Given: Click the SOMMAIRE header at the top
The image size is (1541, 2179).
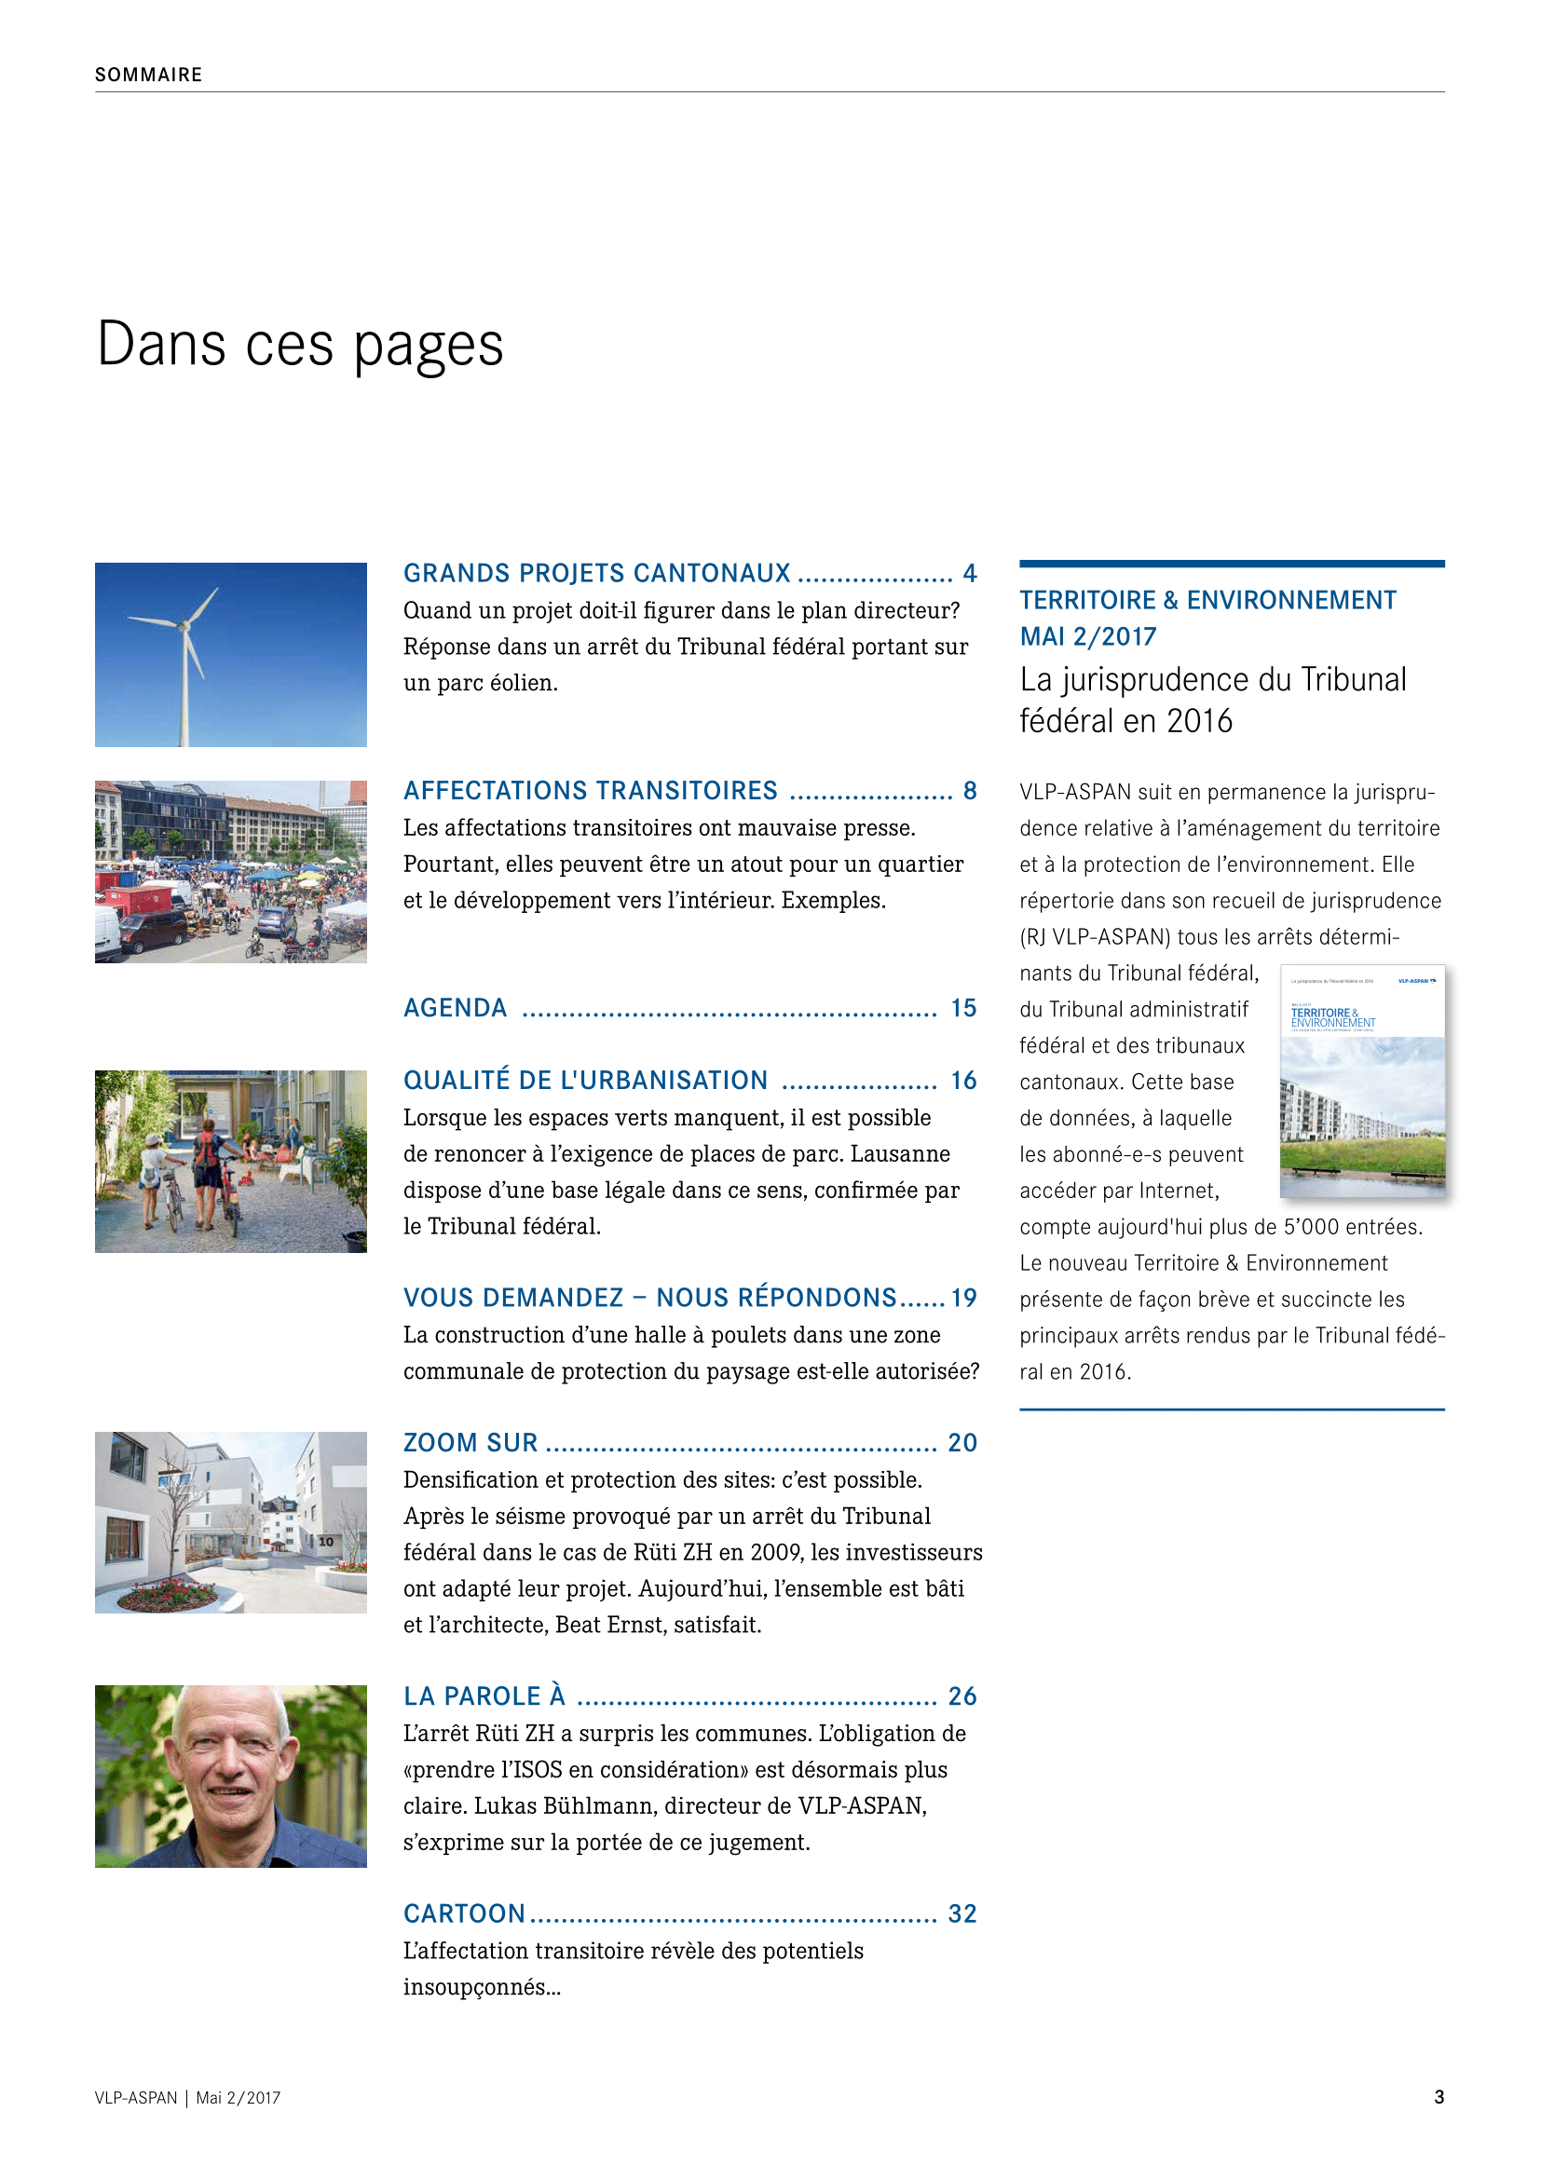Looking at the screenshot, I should point(148,75).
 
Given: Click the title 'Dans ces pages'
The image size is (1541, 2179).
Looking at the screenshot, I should point(300,345).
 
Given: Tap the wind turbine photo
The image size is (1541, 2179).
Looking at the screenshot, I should point(230,654).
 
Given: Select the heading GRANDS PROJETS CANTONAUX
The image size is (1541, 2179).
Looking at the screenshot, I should point(597,573).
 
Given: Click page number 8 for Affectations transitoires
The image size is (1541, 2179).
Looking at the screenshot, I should point(970,791).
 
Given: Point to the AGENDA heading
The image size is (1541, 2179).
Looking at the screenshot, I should point(456,1008).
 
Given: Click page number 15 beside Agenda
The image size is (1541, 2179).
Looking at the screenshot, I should point(963,1008).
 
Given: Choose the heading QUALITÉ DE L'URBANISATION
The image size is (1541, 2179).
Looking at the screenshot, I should point(585,1080).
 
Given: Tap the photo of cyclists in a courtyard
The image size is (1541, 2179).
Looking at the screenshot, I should point(230,1161).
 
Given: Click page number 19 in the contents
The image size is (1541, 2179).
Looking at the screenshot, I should point(963,1298).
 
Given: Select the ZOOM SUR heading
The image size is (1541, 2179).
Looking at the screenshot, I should point(470,1442).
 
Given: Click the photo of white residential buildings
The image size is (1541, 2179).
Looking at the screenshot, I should point(230,1522).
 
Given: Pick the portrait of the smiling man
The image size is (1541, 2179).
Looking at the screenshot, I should point(230,1776).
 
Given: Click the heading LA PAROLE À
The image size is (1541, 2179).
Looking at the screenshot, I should point(484,1696).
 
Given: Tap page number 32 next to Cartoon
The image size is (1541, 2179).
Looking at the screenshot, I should point(962,1913).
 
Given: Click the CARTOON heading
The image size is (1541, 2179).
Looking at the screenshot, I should point(464,1913).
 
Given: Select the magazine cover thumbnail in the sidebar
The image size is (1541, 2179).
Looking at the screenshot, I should point(1362,1080).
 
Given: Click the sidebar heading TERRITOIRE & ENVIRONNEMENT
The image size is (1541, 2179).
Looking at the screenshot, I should point(1207,600).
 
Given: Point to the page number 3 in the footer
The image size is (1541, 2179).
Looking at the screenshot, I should point(1439,2096).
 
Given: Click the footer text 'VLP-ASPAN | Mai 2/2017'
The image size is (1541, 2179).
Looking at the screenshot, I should point(188,2097).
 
